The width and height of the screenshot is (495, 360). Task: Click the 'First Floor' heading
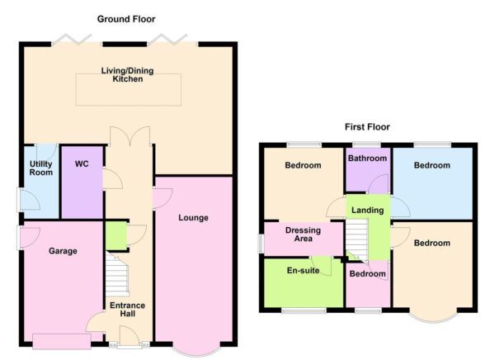(x=367, y=127)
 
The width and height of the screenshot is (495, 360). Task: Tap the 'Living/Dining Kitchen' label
(x=129, y=74)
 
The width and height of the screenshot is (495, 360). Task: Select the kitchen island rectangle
(x=129, y=89)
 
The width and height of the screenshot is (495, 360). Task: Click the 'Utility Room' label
(x=41, y=168)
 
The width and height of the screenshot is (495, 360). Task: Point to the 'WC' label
(x=82, y=163)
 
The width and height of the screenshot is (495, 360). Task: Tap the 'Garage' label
(x=62, y=250)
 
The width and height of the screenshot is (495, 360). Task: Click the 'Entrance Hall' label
(x=127, y=310)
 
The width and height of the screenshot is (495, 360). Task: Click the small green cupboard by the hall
(x=115, y=235)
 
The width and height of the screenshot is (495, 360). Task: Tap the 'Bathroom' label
(x=367, y=158)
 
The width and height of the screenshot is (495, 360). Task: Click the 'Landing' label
(x=367, y=211)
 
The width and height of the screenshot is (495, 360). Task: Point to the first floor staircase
(x=355, y=242)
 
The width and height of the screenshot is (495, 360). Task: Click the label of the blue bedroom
(x=432, y=166)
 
